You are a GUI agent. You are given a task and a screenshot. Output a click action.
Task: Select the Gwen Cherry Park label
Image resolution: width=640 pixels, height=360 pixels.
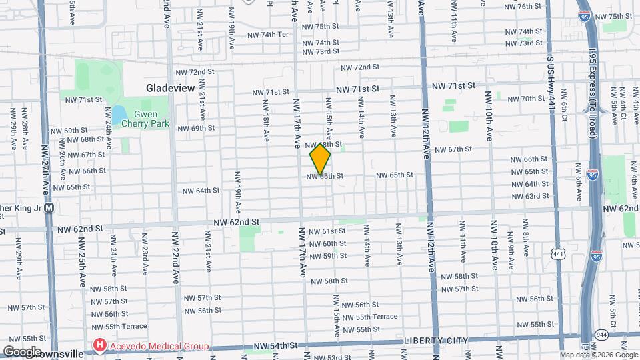coord(150,119)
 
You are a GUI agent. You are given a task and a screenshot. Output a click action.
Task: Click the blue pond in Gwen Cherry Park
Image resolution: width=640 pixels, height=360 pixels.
coord(119,115)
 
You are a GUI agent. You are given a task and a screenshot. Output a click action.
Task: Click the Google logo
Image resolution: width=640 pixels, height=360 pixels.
coord(21,351)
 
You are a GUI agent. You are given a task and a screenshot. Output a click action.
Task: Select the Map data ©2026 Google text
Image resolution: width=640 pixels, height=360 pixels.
coord(597,355)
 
